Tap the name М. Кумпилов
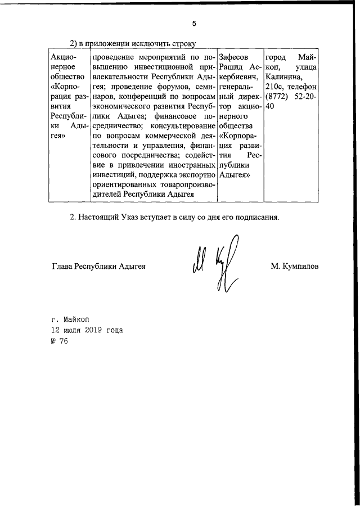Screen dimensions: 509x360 pyautogui.click(x=294, y=267)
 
